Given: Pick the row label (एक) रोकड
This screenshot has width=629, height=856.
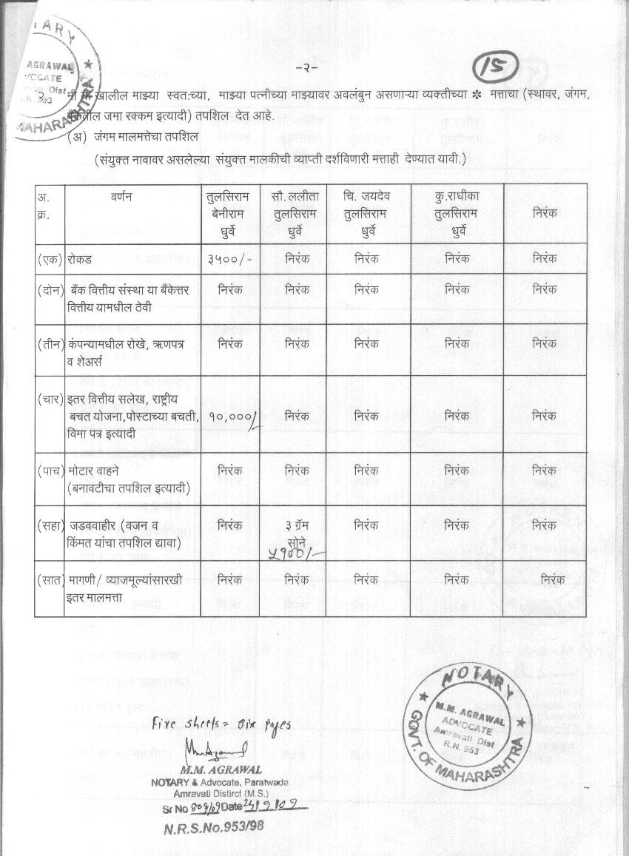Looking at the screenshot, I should pos(65,259).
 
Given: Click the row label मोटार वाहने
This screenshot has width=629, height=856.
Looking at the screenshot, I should pos(92,471).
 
